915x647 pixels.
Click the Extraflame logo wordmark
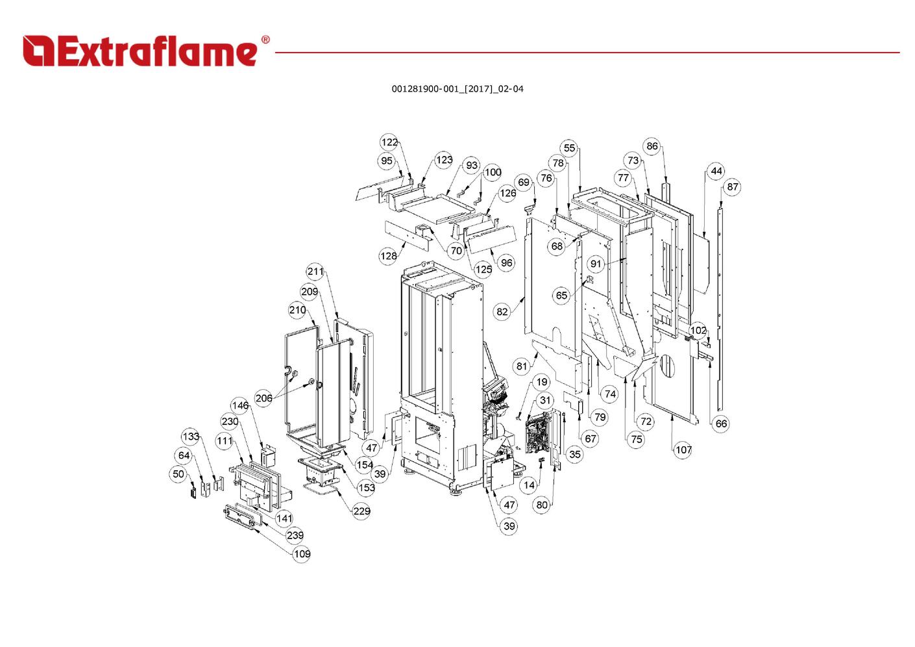pyautogui.click(x=140, y=51)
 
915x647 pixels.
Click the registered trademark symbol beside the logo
pyautogui.click(x=265, y=40)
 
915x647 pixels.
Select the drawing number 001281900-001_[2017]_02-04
pyautogui.click(x=457, y=89)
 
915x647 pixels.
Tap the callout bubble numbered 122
pyautogui.click(x=389, y=142)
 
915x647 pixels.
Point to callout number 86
pyautogui.click(x=652, y=146)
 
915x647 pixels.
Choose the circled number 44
pyautogui.click(x=716, y=171)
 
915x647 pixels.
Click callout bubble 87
pyautogui.click(x=733, y=187)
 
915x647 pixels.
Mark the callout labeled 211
pyautogui.click(x=315, y=271)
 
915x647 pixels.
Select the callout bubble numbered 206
pyautogui.click(x=264, y=398)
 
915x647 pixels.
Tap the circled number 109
pyautogui.click(x=302, y=554)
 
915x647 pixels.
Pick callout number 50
pyautogui.click(x=178, y=474)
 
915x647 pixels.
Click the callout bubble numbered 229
pyautogui.click(x=361, y=511)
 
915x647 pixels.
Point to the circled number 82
pyautogui.click(x=502, y=312)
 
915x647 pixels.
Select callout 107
pyautogui.click(x=683, y=450)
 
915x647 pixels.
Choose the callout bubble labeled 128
pyautogui.click(x=388, y=256)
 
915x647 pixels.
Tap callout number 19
pyautogui.click(x=542, y=382)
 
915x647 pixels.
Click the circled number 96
pyautogui.click(x=507, y=262)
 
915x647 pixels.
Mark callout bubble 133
pyautogui.click(x=191, y=437)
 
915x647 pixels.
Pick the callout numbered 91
pyautogui.click(x=596, y=264)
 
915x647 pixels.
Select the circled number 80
pyautogui.click(x=542, y=505)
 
